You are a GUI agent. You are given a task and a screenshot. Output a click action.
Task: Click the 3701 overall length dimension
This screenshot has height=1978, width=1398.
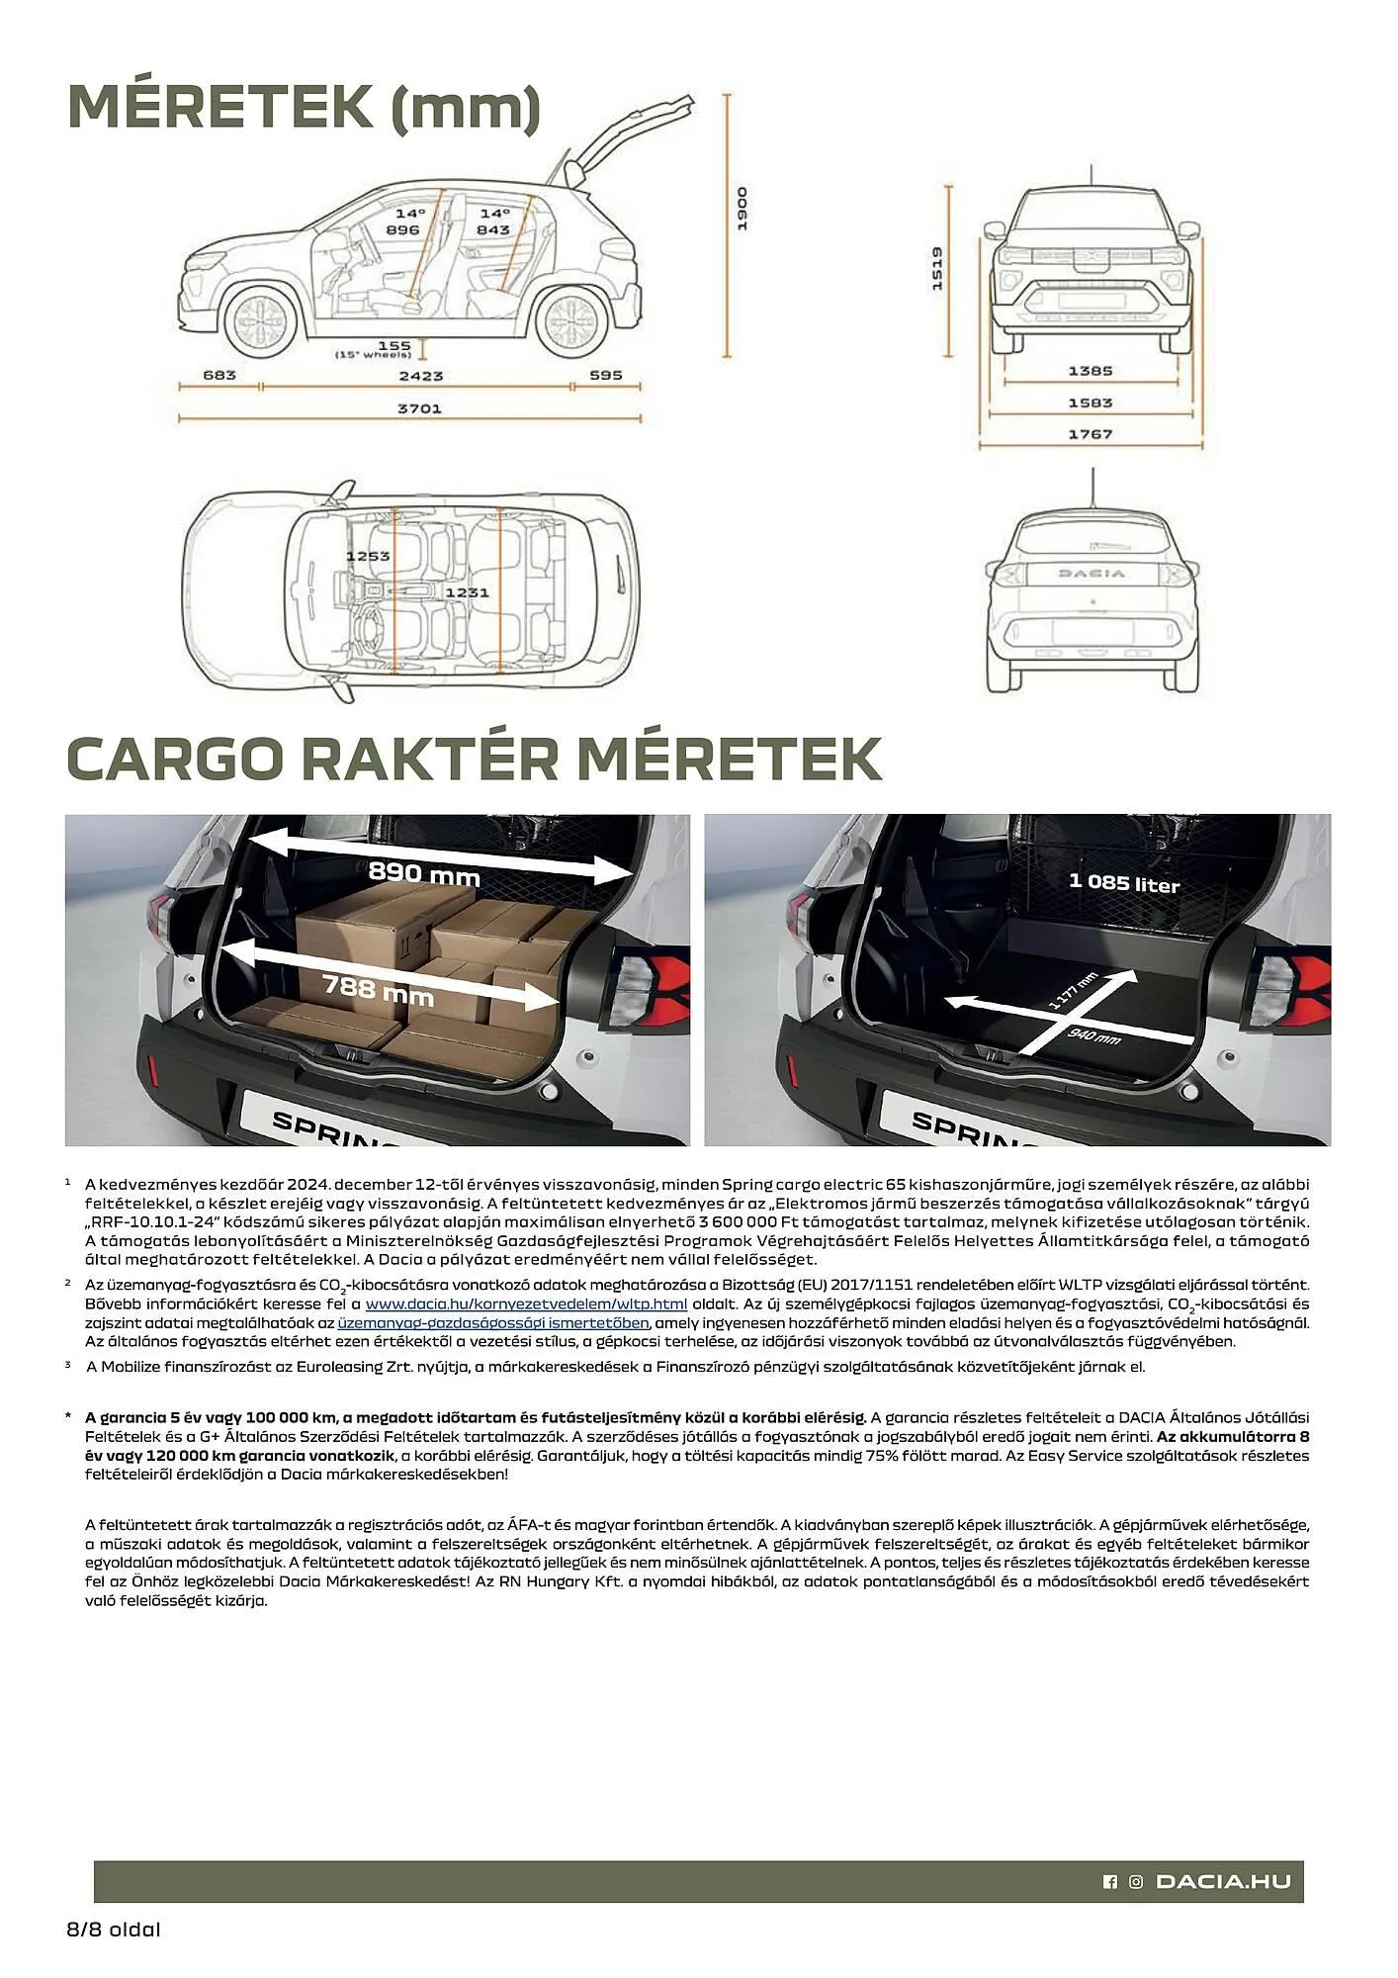pos(419,408)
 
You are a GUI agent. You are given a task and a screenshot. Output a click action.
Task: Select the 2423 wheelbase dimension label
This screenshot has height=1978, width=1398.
pos(420,376)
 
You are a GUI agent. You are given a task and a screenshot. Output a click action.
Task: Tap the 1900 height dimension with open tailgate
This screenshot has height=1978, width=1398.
pos(743,209)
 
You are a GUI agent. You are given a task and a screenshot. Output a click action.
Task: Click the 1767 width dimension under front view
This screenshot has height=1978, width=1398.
pos(1090,434)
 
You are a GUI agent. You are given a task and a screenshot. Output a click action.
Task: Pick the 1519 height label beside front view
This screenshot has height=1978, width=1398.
pos(936,268)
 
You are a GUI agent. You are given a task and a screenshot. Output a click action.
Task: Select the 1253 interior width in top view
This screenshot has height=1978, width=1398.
pos(368,556)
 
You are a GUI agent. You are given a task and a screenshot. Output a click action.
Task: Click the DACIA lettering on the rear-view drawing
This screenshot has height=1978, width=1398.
pos(1092,574)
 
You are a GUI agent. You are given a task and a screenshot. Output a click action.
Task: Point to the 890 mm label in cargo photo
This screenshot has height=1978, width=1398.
pos(423,874)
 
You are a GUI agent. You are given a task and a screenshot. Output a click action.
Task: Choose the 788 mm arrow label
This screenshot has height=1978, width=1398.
pos(378,989)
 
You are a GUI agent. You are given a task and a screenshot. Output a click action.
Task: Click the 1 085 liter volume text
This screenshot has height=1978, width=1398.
pos(1124,882)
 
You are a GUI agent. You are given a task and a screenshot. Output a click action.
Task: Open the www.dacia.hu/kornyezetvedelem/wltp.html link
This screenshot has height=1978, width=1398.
pos(526,1304)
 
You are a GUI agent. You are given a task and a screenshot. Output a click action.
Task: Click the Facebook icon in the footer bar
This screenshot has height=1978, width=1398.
pos(1109,1882)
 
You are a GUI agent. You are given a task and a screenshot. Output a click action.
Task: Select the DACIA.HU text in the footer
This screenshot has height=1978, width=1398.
pos(1223,1882)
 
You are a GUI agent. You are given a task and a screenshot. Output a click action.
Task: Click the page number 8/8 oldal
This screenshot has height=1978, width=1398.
pos(113,1930)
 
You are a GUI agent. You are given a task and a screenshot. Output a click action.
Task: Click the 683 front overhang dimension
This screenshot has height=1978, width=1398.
pos(219,375)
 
